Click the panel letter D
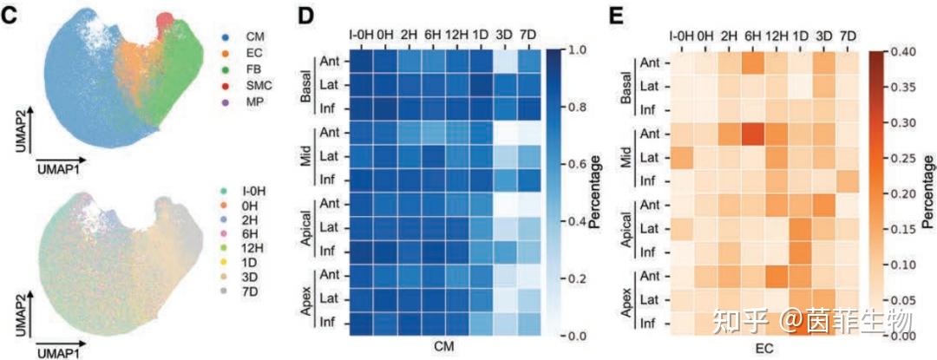point(305,14)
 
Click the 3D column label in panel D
point(504,34)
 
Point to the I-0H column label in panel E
point(681,36)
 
